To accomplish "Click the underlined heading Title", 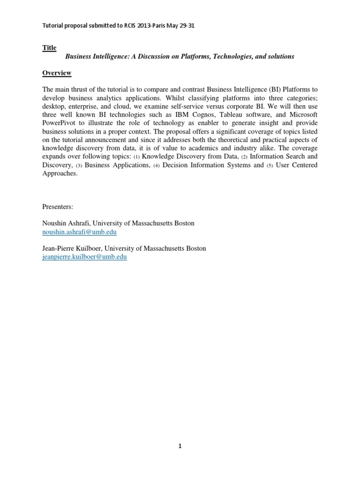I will point(49,48).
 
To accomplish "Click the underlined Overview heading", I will point(57,73).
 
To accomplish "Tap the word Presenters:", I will point(58,207).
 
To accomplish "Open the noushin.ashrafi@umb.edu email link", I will point(79,232).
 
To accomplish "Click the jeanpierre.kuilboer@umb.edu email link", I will point(84,257).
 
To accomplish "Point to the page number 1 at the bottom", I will point(180,446).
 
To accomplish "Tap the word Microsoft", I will point(301,115).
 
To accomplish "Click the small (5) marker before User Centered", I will point(270,166).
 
